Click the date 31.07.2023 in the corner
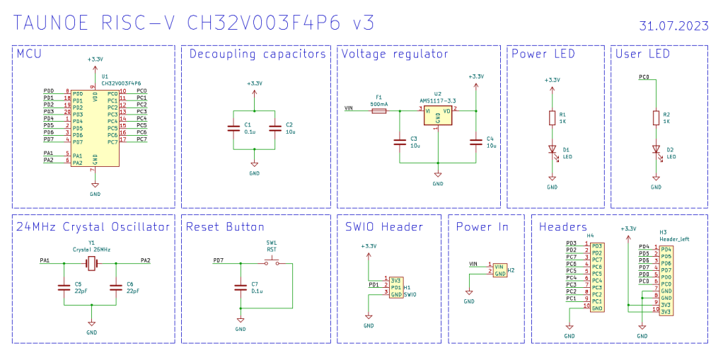pos(673,26)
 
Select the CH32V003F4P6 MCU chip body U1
pos(96,128)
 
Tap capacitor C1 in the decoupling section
pos(233,128)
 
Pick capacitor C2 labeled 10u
pos(275,128)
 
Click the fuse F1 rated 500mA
pos(378,110)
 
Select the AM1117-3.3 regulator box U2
pos(437,115)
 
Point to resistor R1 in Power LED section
pos(552,118)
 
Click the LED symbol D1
pos(552,149)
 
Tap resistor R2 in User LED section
pos(655,118)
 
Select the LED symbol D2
pos(655,149)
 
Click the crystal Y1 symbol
pos(91,263)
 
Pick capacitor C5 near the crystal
pos(64,286)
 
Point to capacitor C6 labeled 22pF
pos(116,286)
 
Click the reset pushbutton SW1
pos(271,263)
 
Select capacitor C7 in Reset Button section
pos(240,286)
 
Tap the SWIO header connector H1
pos(395,286)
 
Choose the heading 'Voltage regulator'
pos(394,54)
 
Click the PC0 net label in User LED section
pos(644,76)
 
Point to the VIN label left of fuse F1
pos(348,108)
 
